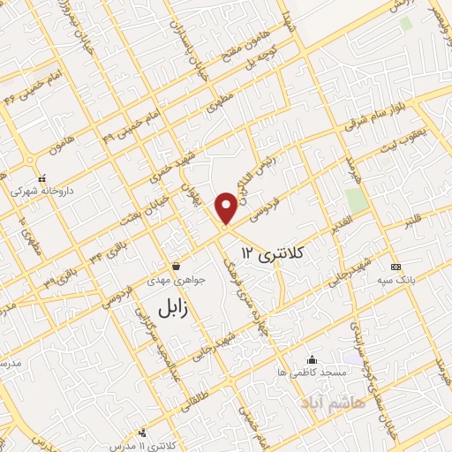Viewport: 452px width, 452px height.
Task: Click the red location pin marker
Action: [227, 207]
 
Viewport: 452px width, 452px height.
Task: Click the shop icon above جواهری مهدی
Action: [177, 266]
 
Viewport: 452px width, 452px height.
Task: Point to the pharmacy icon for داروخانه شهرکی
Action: [41, 178]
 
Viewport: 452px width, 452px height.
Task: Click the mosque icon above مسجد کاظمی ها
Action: [312, 359]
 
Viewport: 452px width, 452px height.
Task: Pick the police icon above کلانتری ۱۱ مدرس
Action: [142, 433]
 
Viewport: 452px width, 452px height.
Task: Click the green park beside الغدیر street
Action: [355, 201]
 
